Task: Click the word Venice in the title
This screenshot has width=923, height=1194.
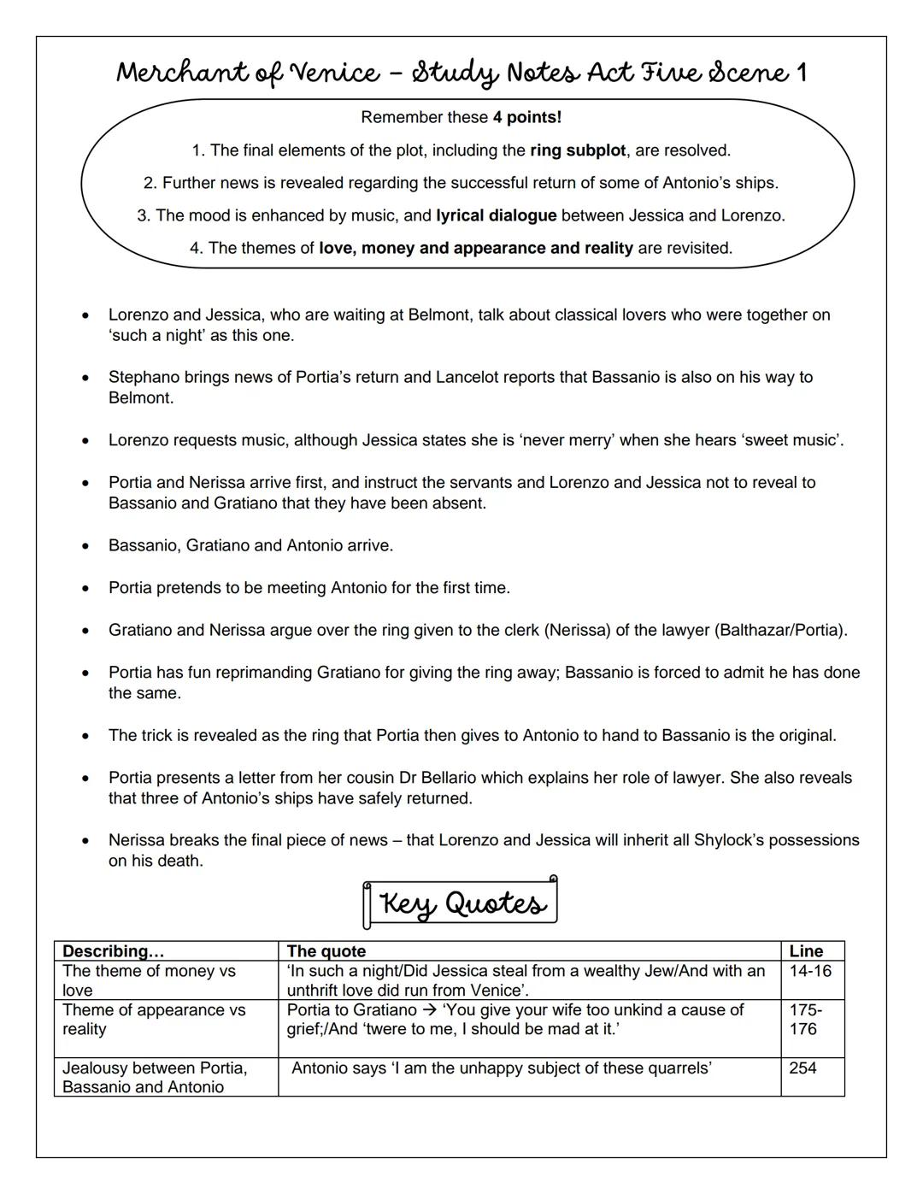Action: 338,73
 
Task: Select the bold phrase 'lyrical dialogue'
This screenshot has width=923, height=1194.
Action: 496,215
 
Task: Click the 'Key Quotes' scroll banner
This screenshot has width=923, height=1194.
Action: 461,903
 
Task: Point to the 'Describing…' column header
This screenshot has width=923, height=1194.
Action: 114,951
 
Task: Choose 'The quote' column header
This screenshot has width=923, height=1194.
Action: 326,951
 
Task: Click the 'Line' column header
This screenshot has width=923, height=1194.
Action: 806,951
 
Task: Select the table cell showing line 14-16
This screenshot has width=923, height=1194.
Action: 810,971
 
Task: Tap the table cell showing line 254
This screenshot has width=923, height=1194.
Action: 803,1068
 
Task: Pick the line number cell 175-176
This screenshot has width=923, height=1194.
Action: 805,1020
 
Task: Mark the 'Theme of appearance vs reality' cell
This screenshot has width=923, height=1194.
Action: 154,1020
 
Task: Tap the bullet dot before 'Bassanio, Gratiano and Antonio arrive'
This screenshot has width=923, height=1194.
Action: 85,546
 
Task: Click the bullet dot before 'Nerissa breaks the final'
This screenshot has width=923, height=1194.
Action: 85,841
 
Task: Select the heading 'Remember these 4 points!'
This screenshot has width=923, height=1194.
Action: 461,117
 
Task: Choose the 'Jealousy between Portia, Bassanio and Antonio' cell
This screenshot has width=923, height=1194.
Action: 154,1077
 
